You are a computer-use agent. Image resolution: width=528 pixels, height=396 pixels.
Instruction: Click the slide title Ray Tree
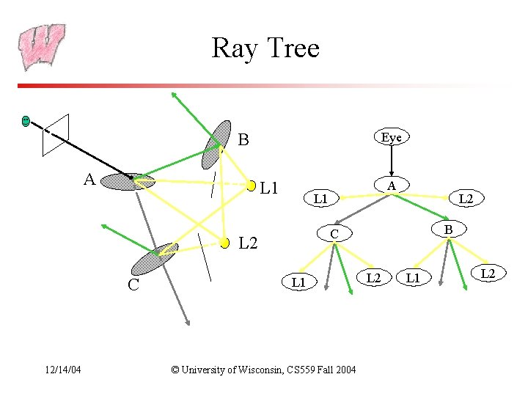pos(265,48)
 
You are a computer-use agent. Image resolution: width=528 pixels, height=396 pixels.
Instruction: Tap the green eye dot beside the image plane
pos(26,120)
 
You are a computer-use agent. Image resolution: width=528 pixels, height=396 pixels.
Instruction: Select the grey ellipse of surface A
pos(128,181)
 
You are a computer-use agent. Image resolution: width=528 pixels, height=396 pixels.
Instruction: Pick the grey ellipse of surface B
pos(216,144)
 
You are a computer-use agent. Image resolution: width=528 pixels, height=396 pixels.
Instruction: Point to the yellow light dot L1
pos(252,186)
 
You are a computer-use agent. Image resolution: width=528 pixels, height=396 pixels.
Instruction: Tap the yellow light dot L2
pos(225,243)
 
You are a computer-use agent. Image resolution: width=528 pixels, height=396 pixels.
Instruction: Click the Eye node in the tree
pos(392,137)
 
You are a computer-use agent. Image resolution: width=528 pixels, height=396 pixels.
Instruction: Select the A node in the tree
pos(392,186)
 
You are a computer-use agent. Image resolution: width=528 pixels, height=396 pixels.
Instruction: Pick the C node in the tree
pos(333,234)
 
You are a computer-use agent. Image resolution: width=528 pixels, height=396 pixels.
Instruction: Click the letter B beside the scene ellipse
pos(243,139)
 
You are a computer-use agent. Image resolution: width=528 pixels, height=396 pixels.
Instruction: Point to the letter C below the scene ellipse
pos(133,285)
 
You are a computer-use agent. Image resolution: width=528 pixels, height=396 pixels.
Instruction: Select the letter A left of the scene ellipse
pos(89,179)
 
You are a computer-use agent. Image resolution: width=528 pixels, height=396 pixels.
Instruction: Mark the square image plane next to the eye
pos(56,136)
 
